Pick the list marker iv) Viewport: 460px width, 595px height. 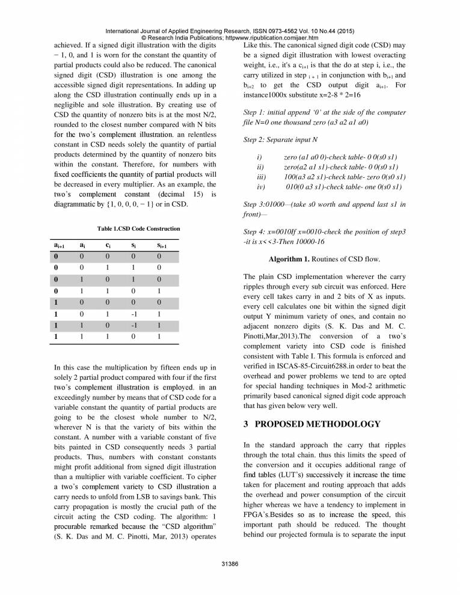click(x=261, y=187)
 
